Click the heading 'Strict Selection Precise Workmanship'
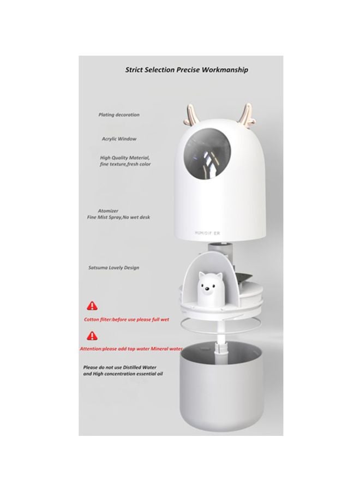(186, 70)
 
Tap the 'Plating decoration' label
(118, 115)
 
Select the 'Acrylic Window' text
(119, 139)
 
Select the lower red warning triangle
(88, 336)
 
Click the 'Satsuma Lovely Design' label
(113, 268)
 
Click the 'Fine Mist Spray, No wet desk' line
(118, 217)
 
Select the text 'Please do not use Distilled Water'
(123, 368)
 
